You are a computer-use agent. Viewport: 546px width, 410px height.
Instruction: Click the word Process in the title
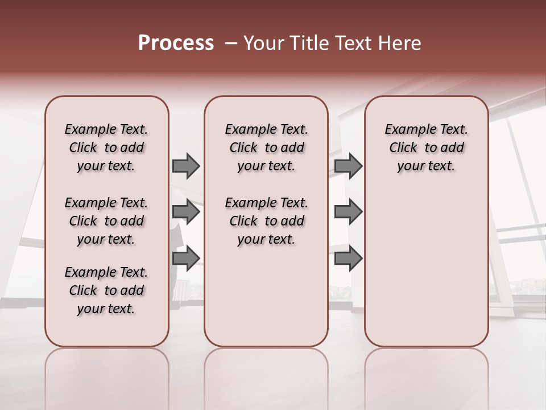pos(176,43)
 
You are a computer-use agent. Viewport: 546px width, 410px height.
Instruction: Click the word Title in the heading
pos(308,43)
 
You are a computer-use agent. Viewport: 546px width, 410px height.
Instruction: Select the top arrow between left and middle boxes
pos(186,166)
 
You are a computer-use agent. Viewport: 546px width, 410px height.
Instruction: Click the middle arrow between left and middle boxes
pos(186,212)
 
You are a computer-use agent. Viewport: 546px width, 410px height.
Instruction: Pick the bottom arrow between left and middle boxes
pos(186,259)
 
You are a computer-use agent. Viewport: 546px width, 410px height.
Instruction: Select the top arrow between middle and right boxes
pos(348,166)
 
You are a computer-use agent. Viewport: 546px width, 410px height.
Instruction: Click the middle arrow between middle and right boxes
pos(348,212)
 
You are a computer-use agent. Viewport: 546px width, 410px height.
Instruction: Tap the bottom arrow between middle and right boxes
pos(348,259)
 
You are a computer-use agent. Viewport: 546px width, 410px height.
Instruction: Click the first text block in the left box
pos(106,147)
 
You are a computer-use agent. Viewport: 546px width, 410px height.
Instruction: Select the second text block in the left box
pos(106,221)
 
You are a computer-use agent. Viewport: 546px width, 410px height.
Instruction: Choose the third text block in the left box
pos(106,290)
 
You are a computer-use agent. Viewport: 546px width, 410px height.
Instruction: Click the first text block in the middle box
pos(266,147)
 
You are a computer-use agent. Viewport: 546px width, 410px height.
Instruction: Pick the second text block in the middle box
pos(266,221)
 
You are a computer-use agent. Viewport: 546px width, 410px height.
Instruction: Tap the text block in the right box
pos(426,147)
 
